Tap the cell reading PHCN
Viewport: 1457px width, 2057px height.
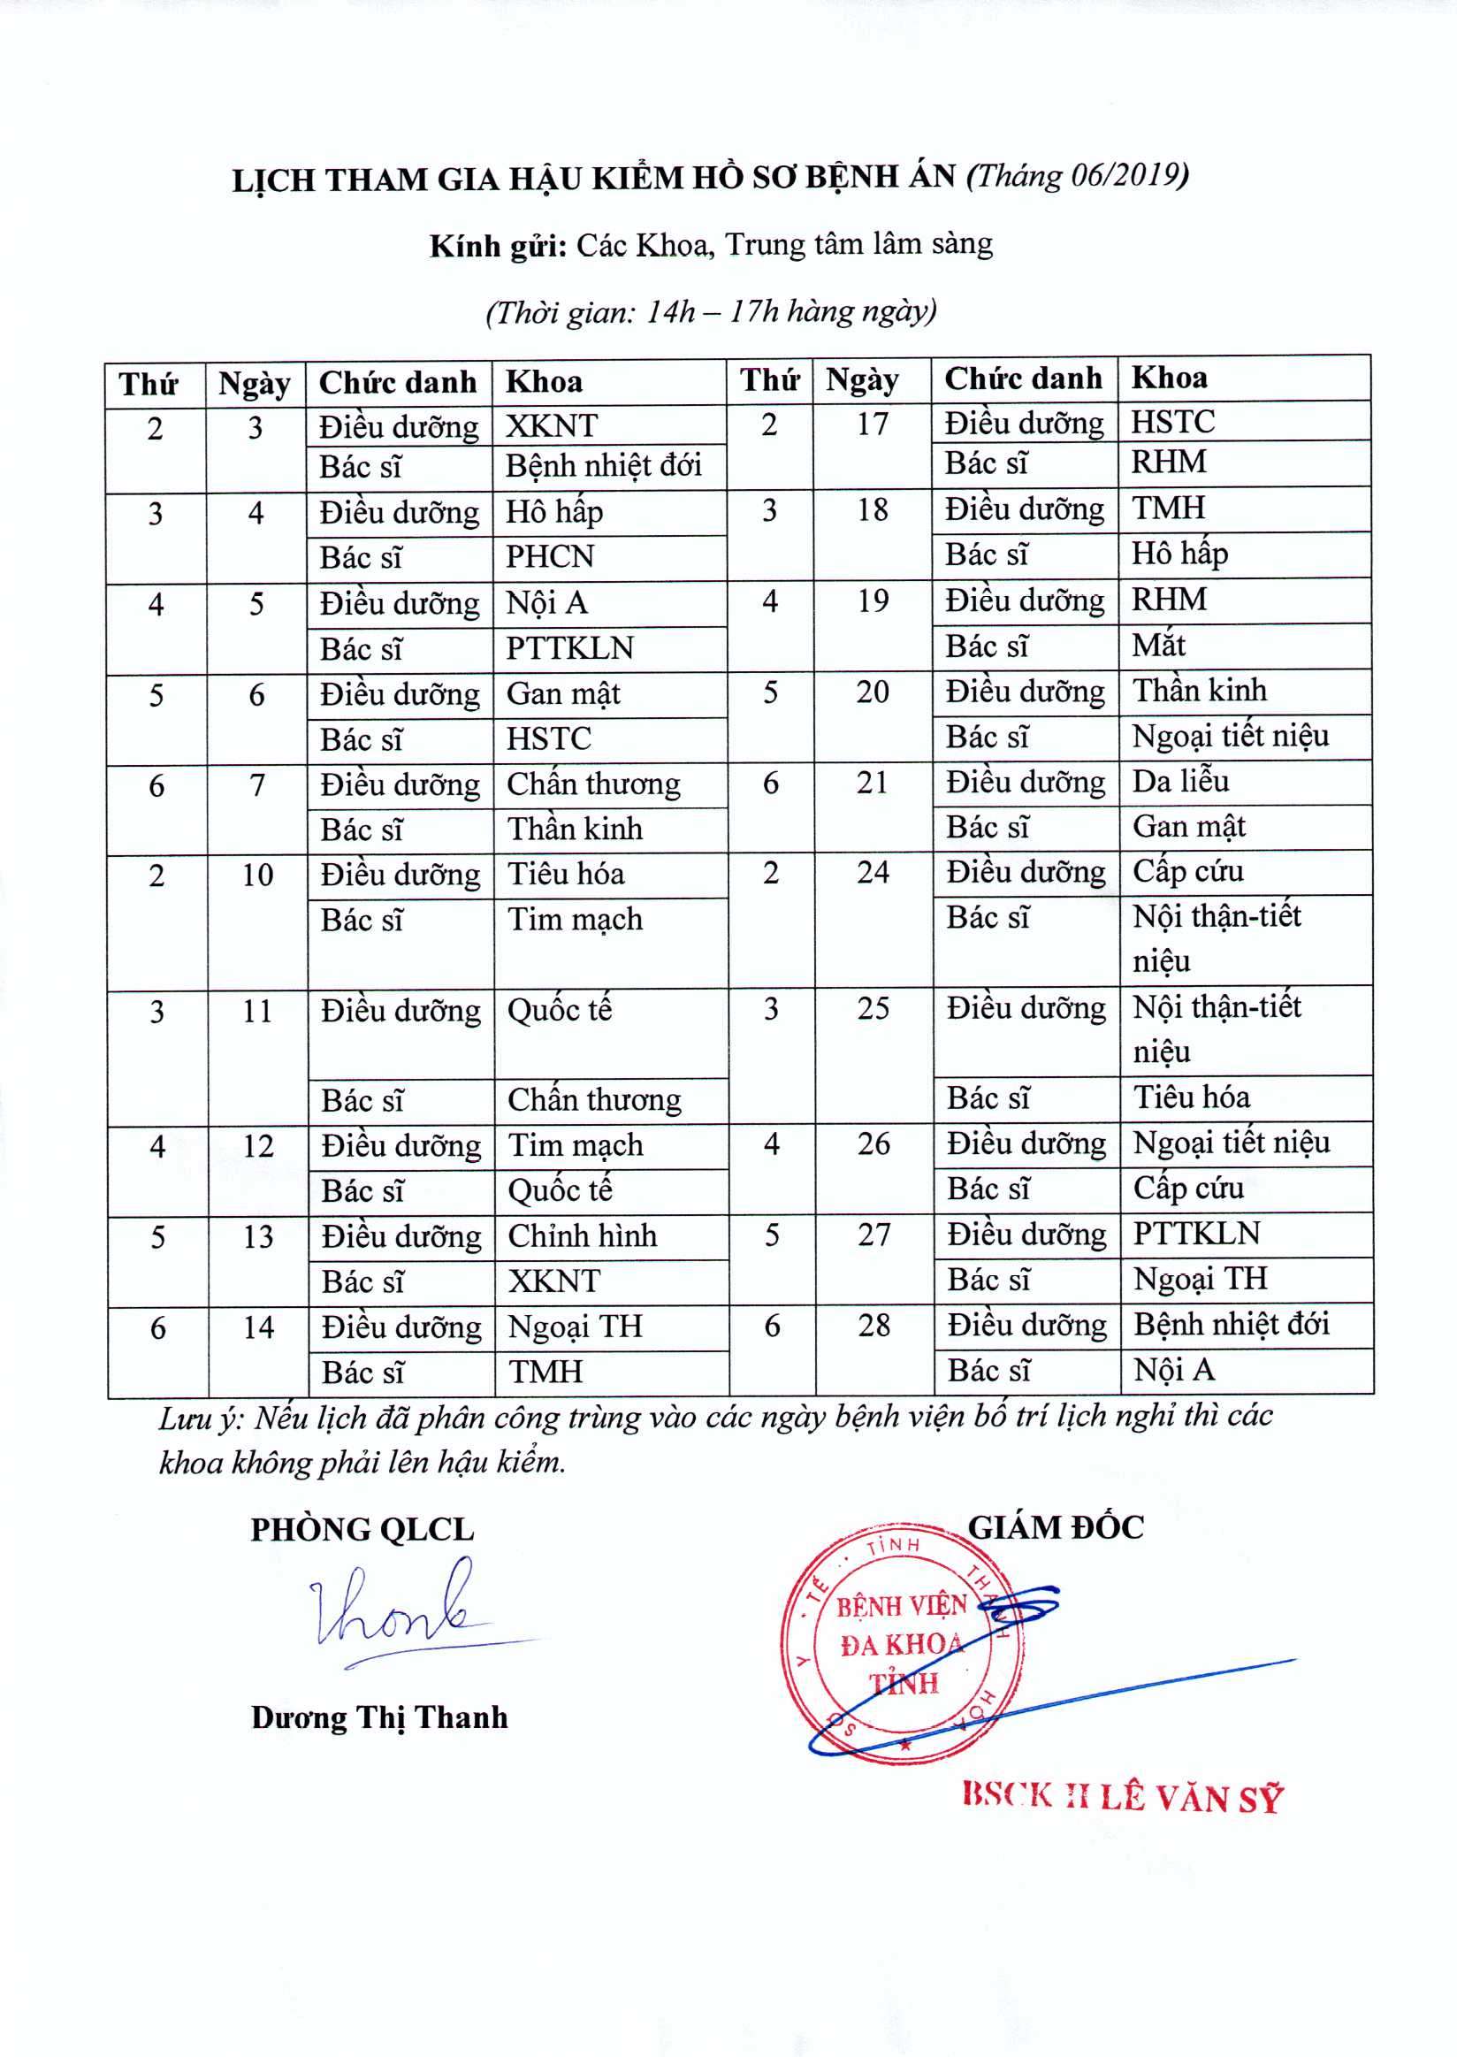[x=549, y=556]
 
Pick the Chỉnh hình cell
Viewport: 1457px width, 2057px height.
[x=583, y=1235]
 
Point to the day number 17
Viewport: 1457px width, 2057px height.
[x=871, y=423]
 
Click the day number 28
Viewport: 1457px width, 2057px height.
[x=873, y=1325]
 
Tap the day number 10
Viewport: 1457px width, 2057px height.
[x=257, y=874]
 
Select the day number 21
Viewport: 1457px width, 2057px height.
[x=872, y=782]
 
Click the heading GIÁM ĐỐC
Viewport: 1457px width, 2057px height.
[x=1055, y=1527]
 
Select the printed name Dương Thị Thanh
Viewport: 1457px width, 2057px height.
[x=379, y=1717]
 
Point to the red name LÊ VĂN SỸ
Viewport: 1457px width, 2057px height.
[x=1192, y=1798]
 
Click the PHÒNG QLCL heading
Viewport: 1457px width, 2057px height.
[x=362, y=1529]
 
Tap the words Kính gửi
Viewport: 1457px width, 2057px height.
[x=497, y=246]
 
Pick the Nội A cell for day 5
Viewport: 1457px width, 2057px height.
[x=546, y=602]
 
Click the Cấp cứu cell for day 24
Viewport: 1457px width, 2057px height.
[x=1188, y=870]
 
